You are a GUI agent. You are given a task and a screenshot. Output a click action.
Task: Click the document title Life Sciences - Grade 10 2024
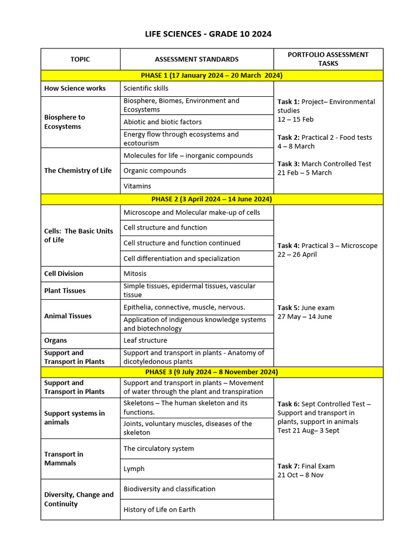click(x=208, y=34)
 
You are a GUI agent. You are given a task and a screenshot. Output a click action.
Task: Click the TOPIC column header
click(x=80, y=59)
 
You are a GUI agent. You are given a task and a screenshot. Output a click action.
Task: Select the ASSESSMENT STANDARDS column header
click(x=197, y=59)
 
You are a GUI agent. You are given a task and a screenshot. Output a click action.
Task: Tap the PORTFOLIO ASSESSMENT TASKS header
click(x=328, y=59)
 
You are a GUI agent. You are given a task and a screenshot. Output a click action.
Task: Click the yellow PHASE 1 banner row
click(x=212, y=76)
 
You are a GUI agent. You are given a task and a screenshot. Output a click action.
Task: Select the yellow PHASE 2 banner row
click(x=212, y=199)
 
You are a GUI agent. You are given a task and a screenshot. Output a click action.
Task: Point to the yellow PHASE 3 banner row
click(x=212, y=372)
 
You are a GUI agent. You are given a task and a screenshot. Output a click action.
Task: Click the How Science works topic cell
click(x=75, y=88)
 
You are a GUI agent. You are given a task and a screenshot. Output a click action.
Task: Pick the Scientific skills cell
click(x=146, y=88)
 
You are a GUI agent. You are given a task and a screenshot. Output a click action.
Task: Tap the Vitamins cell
click(x=137, y=186)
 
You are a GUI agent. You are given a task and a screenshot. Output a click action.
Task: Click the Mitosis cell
click(x=135, y=274)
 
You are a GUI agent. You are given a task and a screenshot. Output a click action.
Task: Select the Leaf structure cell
click(x=146, y=341)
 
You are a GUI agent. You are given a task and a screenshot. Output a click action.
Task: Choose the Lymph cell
click(x=134, y=469)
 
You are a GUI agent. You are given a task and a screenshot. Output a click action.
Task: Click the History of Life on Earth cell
click(x=159, y=510)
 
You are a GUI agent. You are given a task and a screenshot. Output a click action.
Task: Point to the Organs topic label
click(x=56, y=341)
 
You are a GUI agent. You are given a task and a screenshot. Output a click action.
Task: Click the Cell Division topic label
click(x=64, y=274)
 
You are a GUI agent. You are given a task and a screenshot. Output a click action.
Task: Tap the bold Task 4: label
click(x=288, y=246)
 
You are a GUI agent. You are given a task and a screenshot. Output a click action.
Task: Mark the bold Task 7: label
click(x=288, y=466)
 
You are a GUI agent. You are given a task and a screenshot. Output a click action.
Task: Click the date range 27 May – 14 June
click(x=305, y=317)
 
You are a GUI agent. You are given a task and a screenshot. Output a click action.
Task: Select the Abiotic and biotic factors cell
click(x=162, y=122)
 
